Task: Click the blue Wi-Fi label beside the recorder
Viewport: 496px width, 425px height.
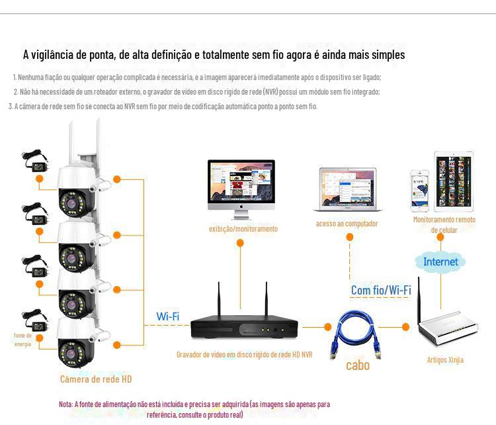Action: pyautogui.click(x=168, y=316)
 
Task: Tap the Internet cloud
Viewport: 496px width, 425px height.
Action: pyautogui.click(x=440, y=261)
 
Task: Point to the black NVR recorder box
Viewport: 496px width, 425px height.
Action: pyautogui.click(x=244, y=327)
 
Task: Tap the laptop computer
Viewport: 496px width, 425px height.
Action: pyautogui.click(x=347, y=190)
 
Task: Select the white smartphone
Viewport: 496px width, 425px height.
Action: pyautogui.click(x=419, y=191)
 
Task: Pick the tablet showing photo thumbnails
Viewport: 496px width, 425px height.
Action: pyautogui.click(x=454, y=181)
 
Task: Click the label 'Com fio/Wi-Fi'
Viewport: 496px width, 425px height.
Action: pyautogui.click(x=381, y=290)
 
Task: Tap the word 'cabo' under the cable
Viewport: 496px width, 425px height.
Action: pyautogui.click(x=357, y=365)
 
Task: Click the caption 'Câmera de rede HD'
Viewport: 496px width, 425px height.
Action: pyautogui.click(x=96, y=379)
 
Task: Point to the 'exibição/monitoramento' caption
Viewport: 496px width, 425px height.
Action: pyautogui.click(x=243, y=228)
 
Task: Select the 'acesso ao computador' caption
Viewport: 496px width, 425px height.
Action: pyautogui.click(x=347, y=224)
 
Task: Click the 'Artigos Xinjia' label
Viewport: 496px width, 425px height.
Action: pyautogui.click(x=445, y=360)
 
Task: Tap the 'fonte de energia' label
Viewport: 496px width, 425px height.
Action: pyautogui.click(x=22, y=340)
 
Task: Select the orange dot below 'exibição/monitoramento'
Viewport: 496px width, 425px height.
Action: pyautogui.click(x=240, y=243)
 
